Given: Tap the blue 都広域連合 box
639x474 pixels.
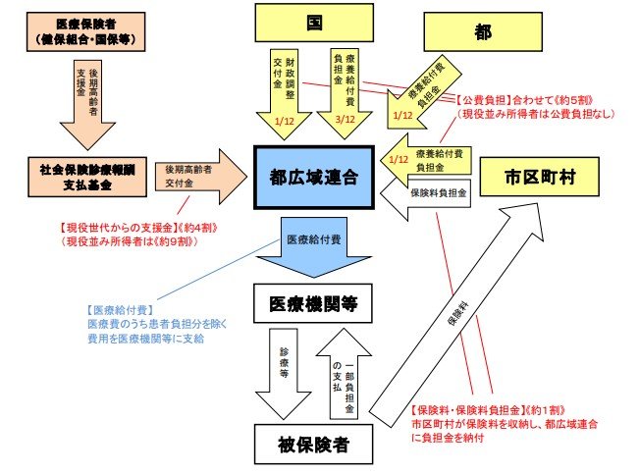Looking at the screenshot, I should tap(313, 178).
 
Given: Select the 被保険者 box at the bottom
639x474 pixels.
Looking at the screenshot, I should tap(313, 445).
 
